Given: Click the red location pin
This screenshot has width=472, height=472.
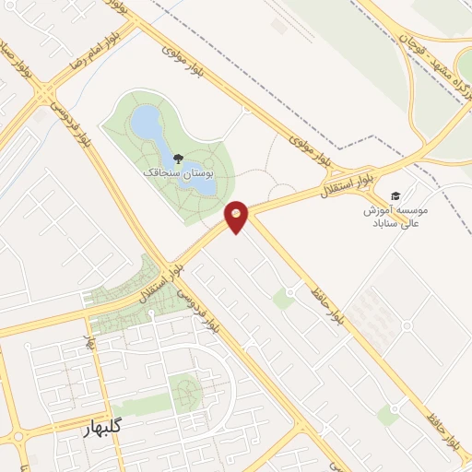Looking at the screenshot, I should point(237,216).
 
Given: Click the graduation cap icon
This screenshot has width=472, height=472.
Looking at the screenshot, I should point(395,196).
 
